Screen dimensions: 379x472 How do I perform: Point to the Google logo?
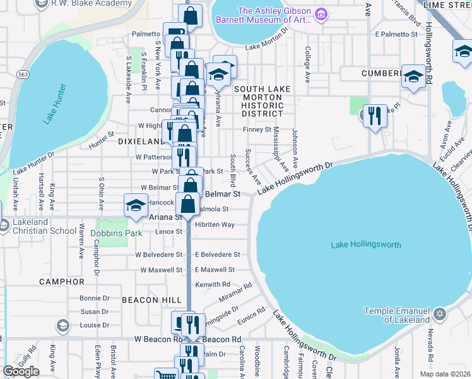coord(21,371)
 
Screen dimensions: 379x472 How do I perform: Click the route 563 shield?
coord(23,74)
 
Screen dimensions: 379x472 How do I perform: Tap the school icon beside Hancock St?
coord(136,205)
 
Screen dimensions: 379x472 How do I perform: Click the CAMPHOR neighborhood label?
coord(61,281)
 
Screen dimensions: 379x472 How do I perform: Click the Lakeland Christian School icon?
coord(4,226)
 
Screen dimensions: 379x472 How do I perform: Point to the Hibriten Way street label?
coord(215,225)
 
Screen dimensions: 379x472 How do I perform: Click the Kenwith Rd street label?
coord(213,285)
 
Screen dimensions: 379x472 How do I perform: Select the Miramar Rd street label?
coord(235,291)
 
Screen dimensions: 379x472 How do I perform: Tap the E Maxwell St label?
coord(217,270)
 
